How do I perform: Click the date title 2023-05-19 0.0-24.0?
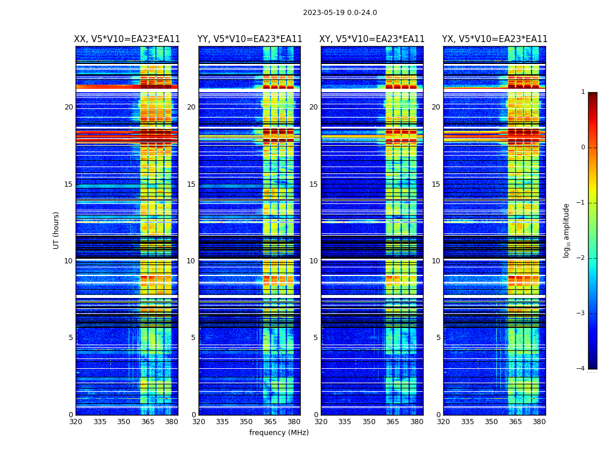(340, 13)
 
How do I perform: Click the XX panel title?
(127, 39)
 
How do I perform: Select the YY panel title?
(250, 39)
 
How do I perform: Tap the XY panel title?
(372, 39)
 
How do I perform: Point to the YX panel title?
(495, 39)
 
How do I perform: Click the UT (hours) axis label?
(57, 230)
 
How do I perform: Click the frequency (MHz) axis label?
(279, 433)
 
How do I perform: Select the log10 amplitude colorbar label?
(567, 230)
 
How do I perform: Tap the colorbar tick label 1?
(583, 92)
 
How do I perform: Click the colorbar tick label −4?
(581, 369)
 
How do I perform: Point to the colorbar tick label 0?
(583, 148)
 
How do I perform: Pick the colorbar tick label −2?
(581, 258)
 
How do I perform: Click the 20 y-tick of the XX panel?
(69, 107)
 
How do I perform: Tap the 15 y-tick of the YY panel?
(191, 184)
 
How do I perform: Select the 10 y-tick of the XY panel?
(313, 261)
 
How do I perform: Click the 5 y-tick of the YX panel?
(439, 338)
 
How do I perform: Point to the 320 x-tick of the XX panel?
(76, 422)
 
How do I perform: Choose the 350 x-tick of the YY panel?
(246, 422)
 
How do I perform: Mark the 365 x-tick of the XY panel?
(393, 422)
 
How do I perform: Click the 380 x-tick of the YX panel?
(539, 422)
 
